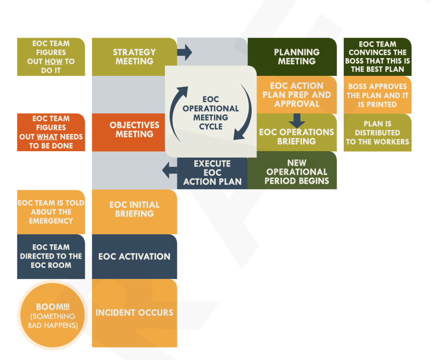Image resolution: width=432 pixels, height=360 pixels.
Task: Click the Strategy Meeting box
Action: point(134,57)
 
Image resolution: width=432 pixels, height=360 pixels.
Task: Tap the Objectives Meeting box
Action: point(134,130)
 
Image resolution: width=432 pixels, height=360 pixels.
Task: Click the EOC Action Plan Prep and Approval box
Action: point(296,94)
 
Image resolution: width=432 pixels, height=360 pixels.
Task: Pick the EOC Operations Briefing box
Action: point(296,136)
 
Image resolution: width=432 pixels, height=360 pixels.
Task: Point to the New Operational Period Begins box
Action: point(296,172)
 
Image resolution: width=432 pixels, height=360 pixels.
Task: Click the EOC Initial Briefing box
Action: point(134,209)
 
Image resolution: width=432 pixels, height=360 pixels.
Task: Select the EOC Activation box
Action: point(134,256)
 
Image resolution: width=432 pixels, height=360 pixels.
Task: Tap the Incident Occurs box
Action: point(134,312)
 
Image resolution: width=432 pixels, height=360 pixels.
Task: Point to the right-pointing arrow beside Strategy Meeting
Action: point(185,52)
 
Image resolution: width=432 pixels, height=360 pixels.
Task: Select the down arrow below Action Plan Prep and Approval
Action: point(297,120)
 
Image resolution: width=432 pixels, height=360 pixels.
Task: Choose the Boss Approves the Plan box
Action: point(377,95)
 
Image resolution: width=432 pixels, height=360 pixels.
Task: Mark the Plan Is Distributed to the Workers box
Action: point(377,132)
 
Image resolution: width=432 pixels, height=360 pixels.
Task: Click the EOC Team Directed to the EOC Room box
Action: point(51,256)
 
